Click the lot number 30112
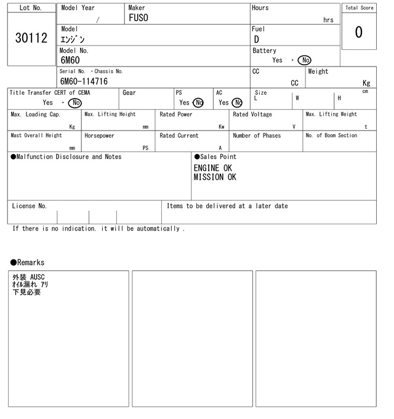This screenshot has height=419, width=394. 31,38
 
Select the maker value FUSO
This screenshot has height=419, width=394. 139,18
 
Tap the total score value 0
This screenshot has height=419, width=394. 358,32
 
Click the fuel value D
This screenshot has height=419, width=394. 257,39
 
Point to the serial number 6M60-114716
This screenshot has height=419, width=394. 84,81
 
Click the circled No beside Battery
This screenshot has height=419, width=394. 304,60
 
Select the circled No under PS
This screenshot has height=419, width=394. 198,103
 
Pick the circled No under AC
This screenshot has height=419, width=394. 237,103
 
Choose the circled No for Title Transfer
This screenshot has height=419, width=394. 74,103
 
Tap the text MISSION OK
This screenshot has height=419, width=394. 215,177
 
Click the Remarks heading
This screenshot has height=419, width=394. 28,262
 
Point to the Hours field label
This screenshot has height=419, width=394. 260,8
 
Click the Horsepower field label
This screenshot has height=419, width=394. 99,136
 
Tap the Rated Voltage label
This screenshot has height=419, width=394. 252,115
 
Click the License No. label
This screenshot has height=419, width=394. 29,206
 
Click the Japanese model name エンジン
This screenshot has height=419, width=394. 73,39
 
